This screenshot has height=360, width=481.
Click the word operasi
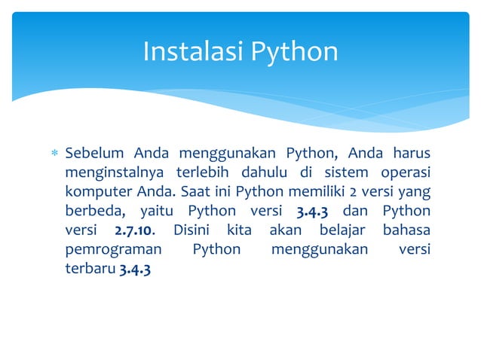click(x=404, y=173)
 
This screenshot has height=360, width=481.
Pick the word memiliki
click(x=286, y=192)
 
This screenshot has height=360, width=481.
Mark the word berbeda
click(x=93, y=211)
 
